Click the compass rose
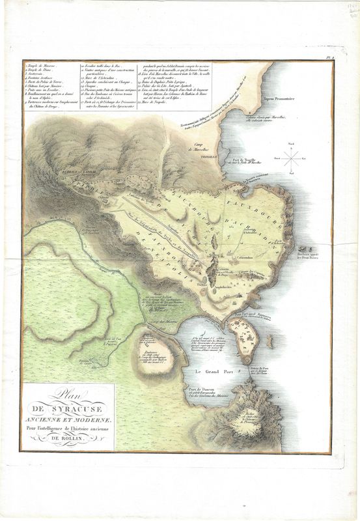click(294, 156)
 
